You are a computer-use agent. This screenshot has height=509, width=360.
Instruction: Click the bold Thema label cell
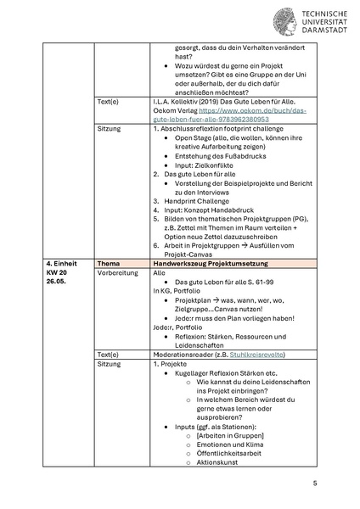coord(110,264)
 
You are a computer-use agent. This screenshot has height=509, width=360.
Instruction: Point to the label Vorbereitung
coord(116,275)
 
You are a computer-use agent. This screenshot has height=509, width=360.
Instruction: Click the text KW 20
coord(57,274)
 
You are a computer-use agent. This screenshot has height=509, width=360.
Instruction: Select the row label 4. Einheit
coord(62,264)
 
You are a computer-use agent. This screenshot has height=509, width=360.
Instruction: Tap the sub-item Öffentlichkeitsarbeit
coord(229,452)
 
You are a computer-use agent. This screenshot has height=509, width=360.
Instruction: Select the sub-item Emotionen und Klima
coord(228,442)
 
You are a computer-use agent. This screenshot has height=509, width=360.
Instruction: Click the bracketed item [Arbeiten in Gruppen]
coord(228,433)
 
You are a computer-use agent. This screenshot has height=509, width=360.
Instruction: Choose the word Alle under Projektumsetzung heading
coord(159,275)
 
